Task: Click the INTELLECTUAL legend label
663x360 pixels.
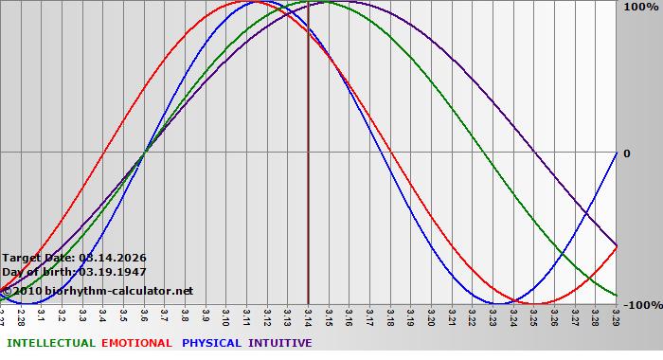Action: pos(51,343)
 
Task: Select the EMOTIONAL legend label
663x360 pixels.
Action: pos(136,343)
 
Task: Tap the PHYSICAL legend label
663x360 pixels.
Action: pos(212,343)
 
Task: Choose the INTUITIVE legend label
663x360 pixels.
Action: pos(279,343)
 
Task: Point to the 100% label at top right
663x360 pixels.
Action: pos(640,8)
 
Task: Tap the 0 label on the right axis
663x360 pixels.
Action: pos(626,153)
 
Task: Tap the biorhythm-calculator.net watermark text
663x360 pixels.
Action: pos(118,290)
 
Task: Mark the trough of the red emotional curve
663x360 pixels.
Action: pos(533,303)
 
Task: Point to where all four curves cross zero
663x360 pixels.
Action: pos(144,153)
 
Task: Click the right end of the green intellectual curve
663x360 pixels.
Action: pos(616,295)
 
